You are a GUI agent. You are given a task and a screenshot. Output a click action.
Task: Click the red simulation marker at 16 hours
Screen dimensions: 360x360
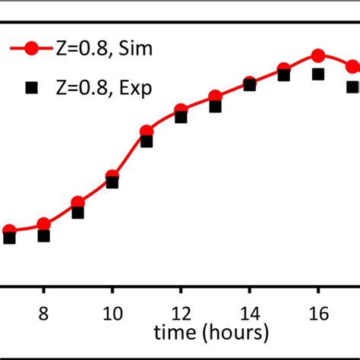[x=318, y=55]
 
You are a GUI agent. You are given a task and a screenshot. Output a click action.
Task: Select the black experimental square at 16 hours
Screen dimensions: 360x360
[x=318, y=74]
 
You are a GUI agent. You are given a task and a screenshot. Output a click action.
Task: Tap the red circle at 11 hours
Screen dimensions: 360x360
[x=147, y=131]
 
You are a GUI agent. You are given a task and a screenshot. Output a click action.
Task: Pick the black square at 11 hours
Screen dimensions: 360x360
[x=147, y=141]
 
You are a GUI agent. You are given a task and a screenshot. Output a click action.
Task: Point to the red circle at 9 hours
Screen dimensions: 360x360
[x=77, y=203]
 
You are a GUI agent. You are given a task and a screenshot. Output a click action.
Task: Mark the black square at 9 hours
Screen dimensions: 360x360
[x=77, y=213]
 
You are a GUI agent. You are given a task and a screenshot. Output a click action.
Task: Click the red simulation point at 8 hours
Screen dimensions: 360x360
[x=43, y=224]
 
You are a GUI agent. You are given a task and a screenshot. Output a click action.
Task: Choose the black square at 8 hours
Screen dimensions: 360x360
[x=43, y=235]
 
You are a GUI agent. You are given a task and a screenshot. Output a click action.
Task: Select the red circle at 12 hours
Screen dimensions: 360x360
[x=181, y=109]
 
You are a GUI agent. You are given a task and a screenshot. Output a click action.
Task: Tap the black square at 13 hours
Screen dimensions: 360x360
[x=215, y=106]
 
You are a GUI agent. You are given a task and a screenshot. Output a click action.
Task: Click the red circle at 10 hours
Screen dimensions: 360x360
[x=112, y=175]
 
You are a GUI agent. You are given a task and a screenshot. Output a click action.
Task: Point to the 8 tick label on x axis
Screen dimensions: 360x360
[x=43, y=312]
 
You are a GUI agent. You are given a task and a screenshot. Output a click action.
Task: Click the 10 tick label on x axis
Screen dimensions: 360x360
[x=112, y=312]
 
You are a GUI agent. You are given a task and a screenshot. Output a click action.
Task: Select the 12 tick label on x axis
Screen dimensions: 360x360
[x=180, y=312]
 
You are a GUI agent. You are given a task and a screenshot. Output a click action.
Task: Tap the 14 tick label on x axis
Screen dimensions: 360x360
[x=249, y=312]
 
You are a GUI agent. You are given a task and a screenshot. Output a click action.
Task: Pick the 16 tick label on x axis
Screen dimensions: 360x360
[x=317, y=312]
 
